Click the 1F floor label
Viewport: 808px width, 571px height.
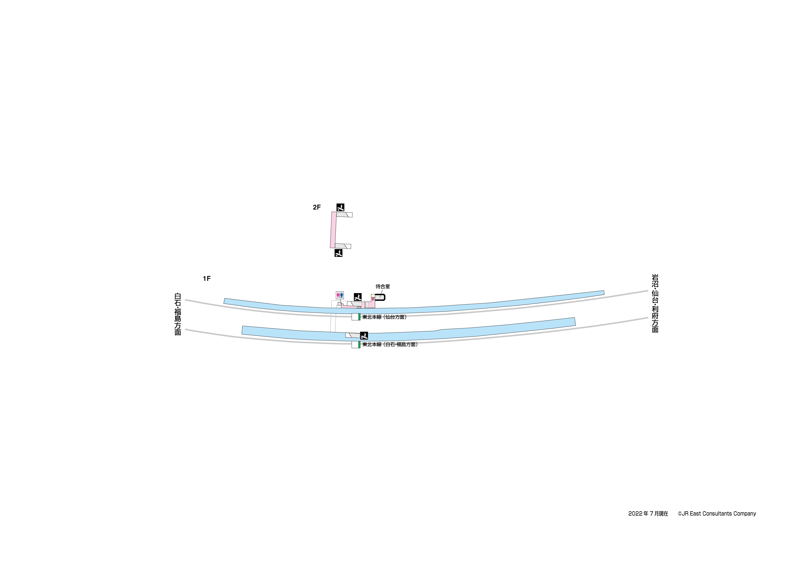[207, 279]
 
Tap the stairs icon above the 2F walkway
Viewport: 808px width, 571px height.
[340, 207]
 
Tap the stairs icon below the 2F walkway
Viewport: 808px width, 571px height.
[339, 253]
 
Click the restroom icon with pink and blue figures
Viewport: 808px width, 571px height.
[340, 295]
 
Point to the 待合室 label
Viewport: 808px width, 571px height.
[383, 286]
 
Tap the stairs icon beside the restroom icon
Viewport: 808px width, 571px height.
[358, 297]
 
